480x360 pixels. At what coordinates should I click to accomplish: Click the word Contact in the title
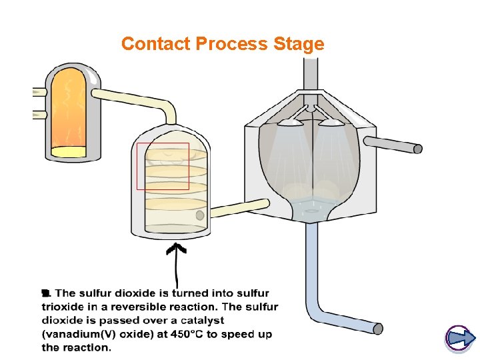click(x=156, y=43)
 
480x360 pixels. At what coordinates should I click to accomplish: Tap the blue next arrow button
click(x=459, y=338)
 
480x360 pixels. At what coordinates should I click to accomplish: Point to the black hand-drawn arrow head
click(x=176, y=248)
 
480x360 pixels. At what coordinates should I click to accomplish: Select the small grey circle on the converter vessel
click(x=200, y=215)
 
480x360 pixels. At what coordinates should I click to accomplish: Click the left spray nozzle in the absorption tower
click(x=290, y=123)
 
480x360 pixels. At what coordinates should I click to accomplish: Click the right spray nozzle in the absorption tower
click(x=331, y=123)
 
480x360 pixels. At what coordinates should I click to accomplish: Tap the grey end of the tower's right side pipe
click(x=418, y=149)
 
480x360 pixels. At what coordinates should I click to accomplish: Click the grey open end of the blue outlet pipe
click(x=378, y=329)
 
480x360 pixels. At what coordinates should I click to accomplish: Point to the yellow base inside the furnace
click(x=68, y=151)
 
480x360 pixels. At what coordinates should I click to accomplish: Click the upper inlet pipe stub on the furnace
click(x=40, y=92)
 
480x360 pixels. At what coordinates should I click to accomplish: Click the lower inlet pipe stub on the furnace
click(x=40, y=115)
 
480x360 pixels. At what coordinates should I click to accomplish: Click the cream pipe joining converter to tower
click(x=240, y=208)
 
